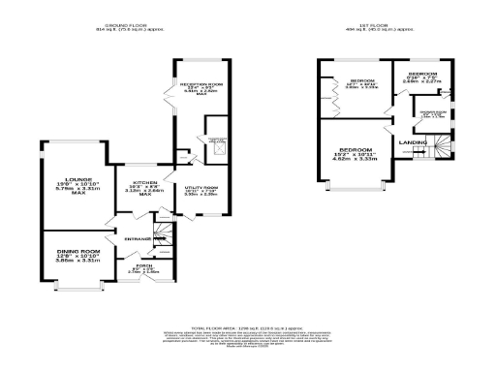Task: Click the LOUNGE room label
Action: click(78, 179)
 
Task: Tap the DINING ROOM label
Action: click(78, 251)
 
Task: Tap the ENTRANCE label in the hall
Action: click(129, 235)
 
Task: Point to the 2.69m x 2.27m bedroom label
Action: click(424, 81)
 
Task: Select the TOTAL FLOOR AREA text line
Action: click(248, 328)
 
